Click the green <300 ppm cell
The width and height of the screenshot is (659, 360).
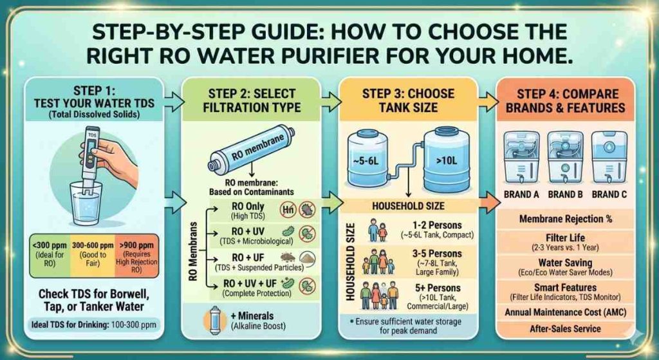[x=50, y=255]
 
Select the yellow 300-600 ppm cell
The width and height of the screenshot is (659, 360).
[x=93, y=255]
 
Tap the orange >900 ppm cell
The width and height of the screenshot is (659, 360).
[x=136, y=255]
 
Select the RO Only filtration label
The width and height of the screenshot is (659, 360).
[x=248, y=211]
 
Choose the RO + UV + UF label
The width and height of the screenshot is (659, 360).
[x=256, y=288]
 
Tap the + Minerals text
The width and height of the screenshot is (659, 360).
[x=252, y=316]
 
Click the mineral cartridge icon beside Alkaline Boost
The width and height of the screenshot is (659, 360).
[x=215, y=321]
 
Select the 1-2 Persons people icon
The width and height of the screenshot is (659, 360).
[x=377, y=231]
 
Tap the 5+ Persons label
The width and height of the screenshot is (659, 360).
[x=438, y=288]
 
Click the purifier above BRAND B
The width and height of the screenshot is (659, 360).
[x=565, y=157]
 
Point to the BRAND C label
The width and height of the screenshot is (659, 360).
[x=609, y=194]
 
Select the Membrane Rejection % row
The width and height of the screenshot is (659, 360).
[x=566, y=219]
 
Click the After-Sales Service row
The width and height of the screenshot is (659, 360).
[x=566, y=328]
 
